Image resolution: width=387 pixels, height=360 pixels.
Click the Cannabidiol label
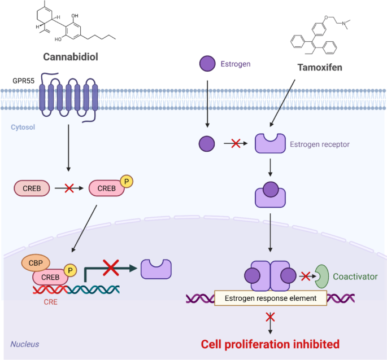pyautogui.click(x=71, y=57)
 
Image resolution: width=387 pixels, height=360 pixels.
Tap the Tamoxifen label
pyautogui.click(x=320, y=68)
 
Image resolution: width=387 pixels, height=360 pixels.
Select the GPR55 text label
pyautogui.click(x=24, y=81)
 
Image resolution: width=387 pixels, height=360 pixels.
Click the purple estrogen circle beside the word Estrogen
pyautogui.click(x=207, y=64)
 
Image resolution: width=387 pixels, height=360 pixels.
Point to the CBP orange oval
pyautogui.click(x=36, y=263)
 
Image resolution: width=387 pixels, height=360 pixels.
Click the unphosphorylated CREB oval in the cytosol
pyautogui.click(x=32, y=188)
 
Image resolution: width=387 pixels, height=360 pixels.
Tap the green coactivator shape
pyautogui.click(x=322, y=276)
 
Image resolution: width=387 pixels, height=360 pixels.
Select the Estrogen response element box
pyautogui.click(x=271, y=298)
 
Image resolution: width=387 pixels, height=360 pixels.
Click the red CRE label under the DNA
pyautogui.click(x=51, y=302)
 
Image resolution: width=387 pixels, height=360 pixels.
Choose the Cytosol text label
pyautogui.click(x=23, y=127)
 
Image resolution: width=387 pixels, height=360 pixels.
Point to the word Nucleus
pyautogui.click(x=25, y=344)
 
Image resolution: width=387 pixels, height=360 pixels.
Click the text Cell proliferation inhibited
pyautogui.click(x=270, y=344)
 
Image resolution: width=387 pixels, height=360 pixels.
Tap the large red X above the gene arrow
pyautogui.click(x=111, y=267)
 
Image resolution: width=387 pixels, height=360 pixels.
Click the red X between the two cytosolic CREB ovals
pyautogui.click(x=69, y=188)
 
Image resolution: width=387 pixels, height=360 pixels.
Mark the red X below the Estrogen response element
pyautogui.click(x=270, y=317)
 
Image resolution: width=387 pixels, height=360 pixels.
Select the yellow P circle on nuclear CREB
pyautogui.click(x=71, y=270)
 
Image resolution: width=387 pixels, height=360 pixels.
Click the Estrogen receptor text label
pyautogui.click(x=320, y=144)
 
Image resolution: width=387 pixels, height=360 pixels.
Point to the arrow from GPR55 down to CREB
pyautogui.click(x=68, y=148)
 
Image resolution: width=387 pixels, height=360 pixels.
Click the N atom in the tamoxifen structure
pyautogui.click(x=344, y=24)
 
